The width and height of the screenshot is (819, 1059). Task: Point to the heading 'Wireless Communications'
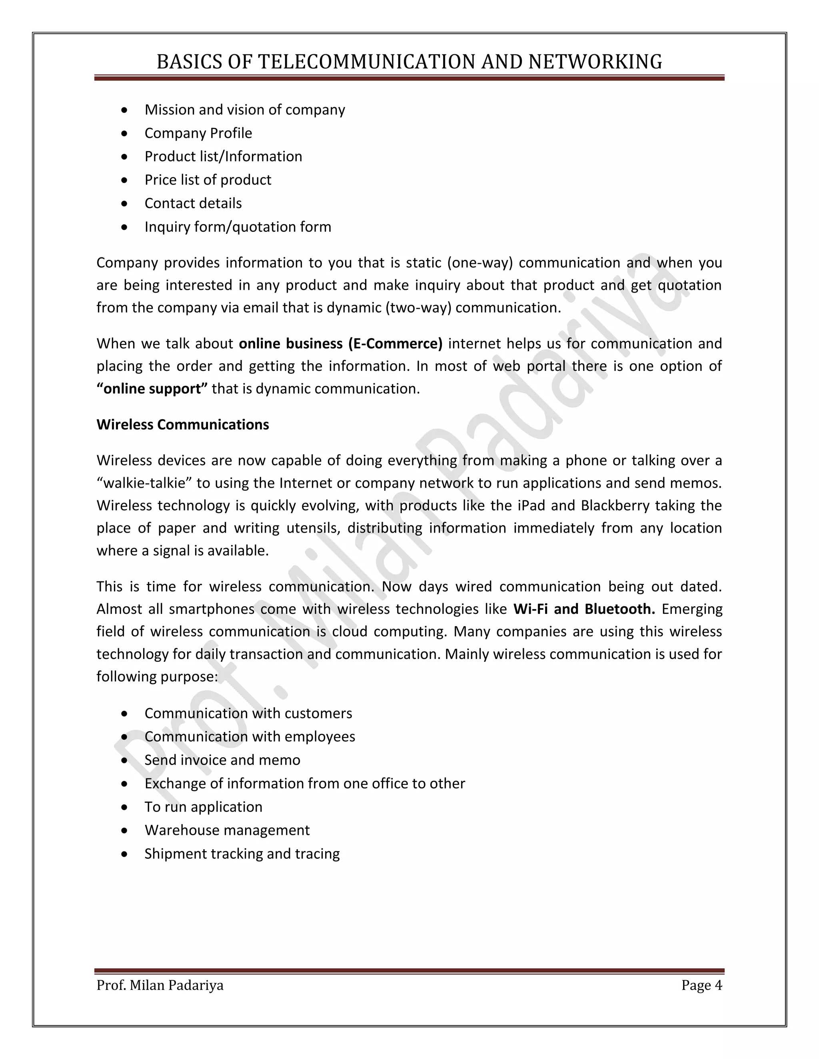coord(182,425)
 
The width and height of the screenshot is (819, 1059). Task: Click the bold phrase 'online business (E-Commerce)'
coord(341,344)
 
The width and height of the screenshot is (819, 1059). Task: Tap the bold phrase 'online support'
coord(152,389)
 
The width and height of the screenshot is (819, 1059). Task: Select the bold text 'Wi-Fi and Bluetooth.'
coord(584,609)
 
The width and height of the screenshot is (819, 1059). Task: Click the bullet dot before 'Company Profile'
coord(125,133)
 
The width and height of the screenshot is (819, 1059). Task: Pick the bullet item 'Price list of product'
coord(208,180)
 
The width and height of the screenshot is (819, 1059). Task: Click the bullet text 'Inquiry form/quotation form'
coord(238,227)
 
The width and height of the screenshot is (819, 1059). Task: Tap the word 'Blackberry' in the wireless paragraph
coord(615,506)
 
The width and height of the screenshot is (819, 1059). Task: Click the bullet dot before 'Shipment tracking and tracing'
coord(125,854)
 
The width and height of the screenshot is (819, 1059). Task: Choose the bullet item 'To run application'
coord(203,807)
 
